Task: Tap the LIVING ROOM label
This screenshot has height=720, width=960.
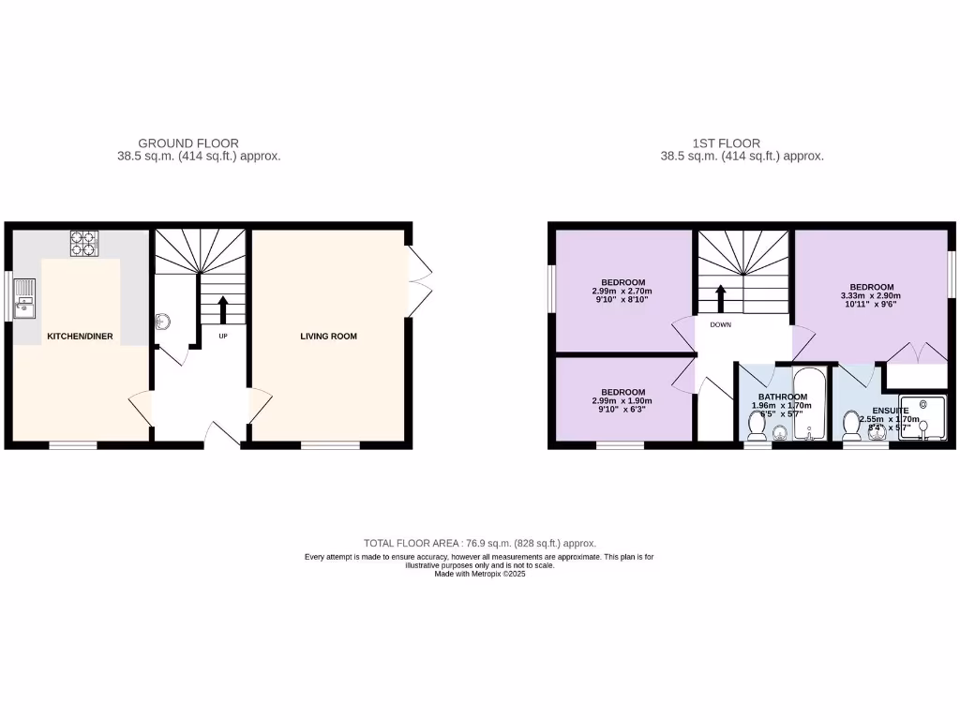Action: click(328, 336)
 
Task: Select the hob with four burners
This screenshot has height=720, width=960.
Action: click(84, 244)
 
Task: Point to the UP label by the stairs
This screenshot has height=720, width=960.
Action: click(223, 336)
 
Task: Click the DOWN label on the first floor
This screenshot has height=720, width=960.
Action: click(721, 325)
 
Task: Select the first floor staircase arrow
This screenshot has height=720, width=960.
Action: click(721, 298)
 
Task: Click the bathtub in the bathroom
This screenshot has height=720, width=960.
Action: click(807, 405)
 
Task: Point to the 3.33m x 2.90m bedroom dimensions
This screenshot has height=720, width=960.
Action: click(872, 297)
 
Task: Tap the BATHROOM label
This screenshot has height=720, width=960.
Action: click(783, 397)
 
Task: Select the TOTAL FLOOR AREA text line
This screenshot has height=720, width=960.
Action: click(480, 543)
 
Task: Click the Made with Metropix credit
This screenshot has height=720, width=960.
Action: click(480, 574)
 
